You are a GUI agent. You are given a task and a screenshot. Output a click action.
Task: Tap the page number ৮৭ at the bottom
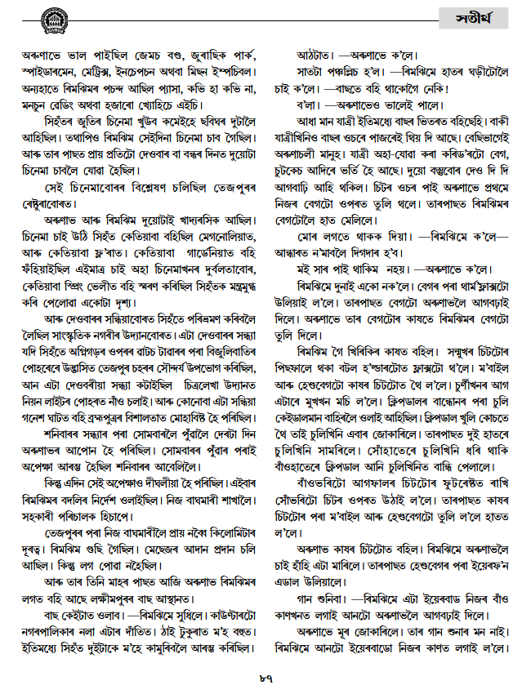[265, 677]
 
